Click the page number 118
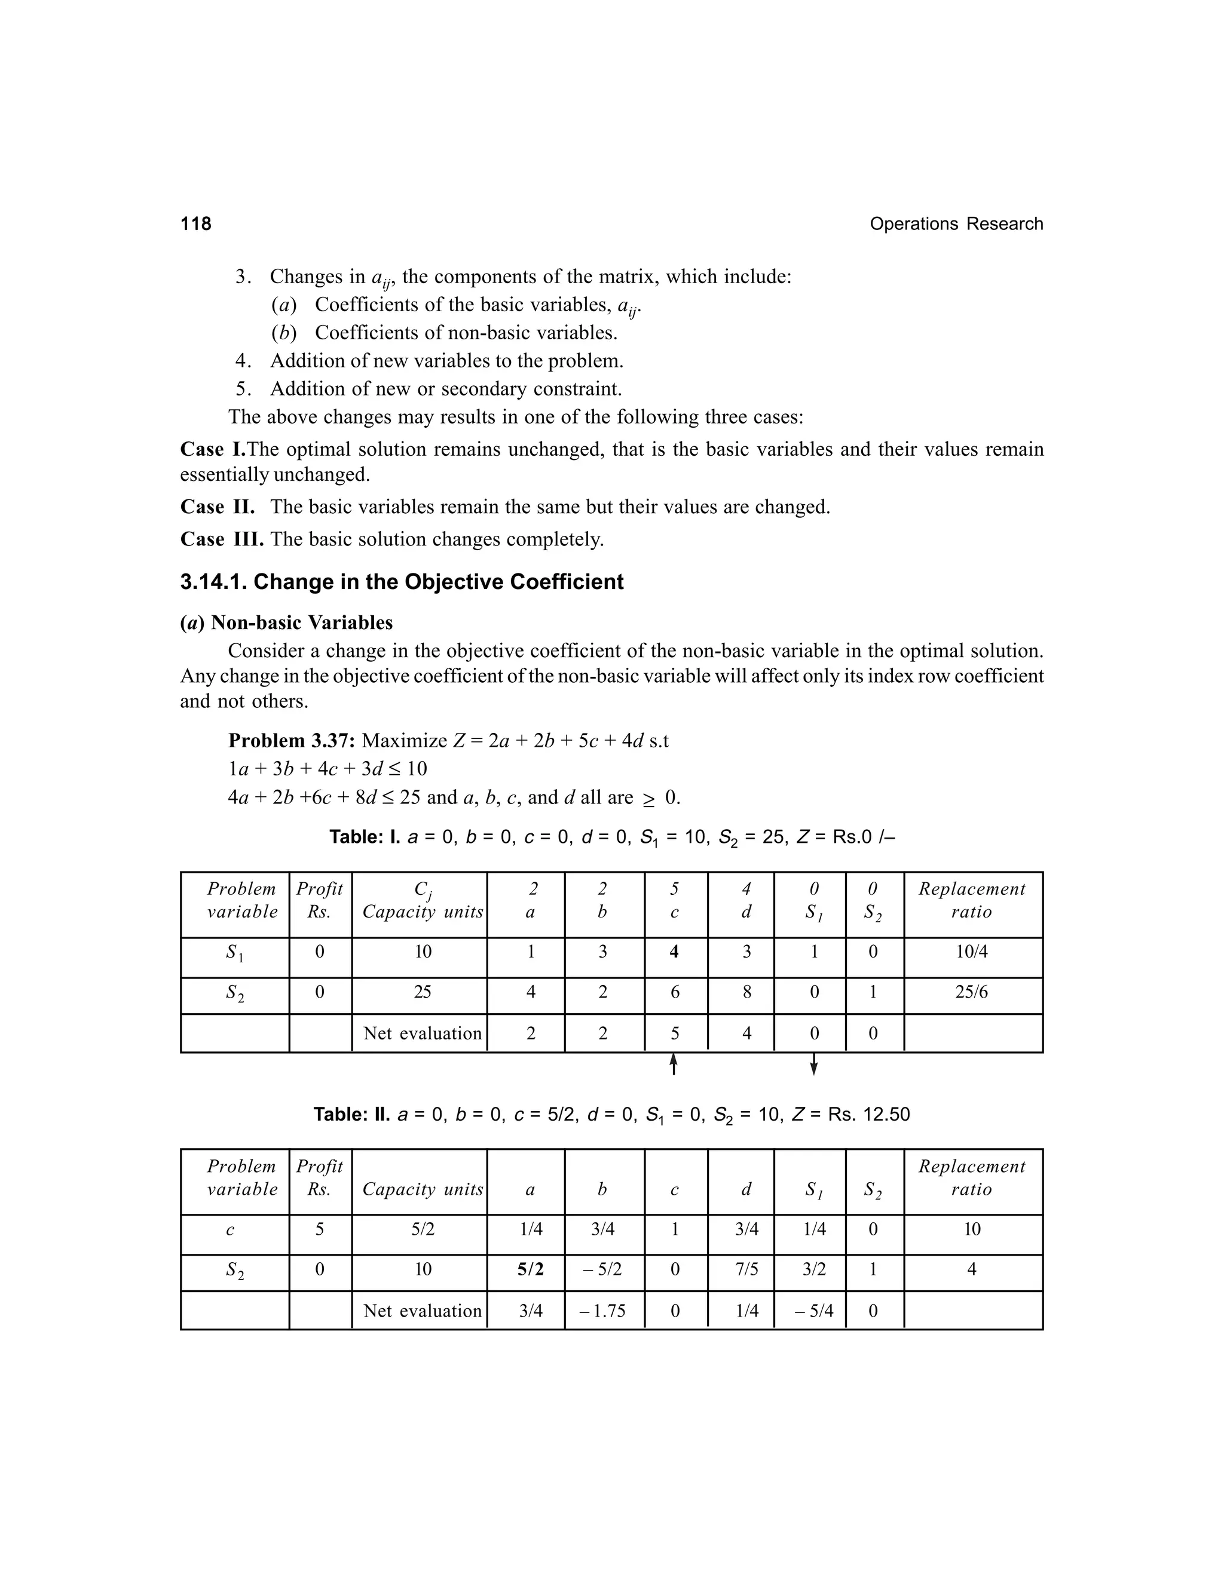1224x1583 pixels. [x=196, y=224]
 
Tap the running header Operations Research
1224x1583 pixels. [x=956, y=224]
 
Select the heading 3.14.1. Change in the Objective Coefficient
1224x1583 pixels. [x=401, y=582]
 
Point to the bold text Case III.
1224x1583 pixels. [x=222, y=539]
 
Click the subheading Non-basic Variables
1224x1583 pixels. [x=301, y=622]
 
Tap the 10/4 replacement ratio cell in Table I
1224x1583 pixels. [x=972, y=952]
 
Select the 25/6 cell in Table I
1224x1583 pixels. [x=972, y=992]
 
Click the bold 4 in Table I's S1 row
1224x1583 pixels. [x=674, y=952]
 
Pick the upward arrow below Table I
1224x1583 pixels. [x=674, y=1064]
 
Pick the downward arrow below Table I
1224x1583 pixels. [x=813, y=1064]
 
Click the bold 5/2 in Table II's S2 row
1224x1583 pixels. [x=531, y=1269]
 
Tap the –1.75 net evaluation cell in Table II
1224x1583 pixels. [x=602, y=1311]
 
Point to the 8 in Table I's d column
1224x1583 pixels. [x=747, y=992]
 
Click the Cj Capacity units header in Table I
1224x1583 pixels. [x=423, y=901]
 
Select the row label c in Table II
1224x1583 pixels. [x=231, y=1229]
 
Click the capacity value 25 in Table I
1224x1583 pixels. [x=422, y=992]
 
